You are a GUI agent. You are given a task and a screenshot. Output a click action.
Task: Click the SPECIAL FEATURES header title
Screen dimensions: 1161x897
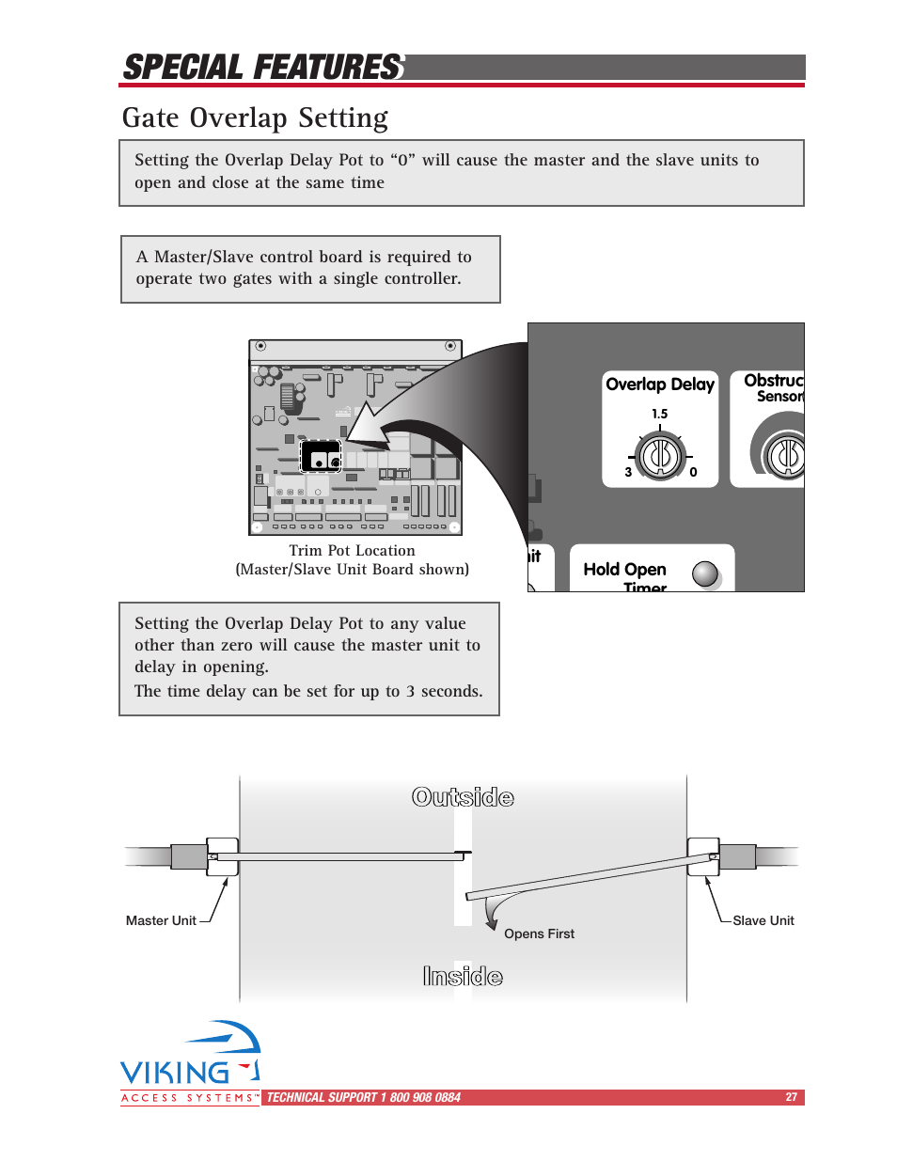(263, 68)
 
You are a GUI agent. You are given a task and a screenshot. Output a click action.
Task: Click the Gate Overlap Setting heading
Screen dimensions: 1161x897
(255, 118)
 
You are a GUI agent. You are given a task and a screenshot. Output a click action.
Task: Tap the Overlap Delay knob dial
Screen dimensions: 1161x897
(660, 457)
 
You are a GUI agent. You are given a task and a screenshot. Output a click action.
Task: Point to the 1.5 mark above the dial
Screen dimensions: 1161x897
(660, 414)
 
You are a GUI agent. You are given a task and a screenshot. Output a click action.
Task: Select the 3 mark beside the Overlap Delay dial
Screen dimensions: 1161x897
(628, 473)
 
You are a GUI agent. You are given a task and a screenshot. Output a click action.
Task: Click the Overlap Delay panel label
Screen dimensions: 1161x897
(660, 384)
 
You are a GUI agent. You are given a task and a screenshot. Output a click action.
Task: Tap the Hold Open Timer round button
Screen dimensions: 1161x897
(705, 573)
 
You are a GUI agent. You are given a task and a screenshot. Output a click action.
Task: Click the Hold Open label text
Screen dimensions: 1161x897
(624, 570)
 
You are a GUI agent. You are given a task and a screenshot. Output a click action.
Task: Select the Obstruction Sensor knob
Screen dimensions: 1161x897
(786, 457)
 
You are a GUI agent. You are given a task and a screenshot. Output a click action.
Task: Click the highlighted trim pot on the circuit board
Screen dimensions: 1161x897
(321, 457)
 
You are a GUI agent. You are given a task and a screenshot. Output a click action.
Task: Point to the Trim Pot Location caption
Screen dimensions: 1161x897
(352, 551)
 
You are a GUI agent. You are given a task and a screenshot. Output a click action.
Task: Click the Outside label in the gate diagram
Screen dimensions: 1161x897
(463, 798)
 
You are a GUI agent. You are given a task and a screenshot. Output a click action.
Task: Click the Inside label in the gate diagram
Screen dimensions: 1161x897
(463, 977)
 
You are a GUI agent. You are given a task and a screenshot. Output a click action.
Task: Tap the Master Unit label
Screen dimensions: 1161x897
(161, 921)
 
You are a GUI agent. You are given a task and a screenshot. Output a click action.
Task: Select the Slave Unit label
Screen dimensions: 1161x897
(763, 921)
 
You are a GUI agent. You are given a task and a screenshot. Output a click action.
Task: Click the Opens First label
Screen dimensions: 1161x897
(539, 934)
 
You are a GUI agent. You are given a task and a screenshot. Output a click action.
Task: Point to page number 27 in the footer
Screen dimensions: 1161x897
(792, 1097)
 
